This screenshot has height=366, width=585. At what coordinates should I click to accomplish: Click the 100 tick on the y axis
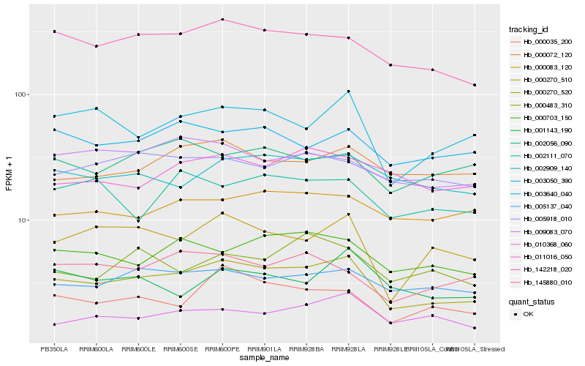[x=20, y=95]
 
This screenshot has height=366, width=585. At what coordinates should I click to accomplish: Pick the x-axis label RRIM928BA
[x=306, y=348]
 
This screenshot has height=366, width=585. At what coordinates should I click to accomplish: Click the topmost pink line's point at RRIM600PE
[x=222, y=20]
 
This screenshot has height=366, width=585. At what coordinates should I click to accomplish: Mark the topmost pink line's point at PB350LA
[x=54, y=31]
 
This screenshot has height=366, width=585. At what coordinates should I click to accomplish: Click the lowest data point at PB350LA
[x=54, y=324]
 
